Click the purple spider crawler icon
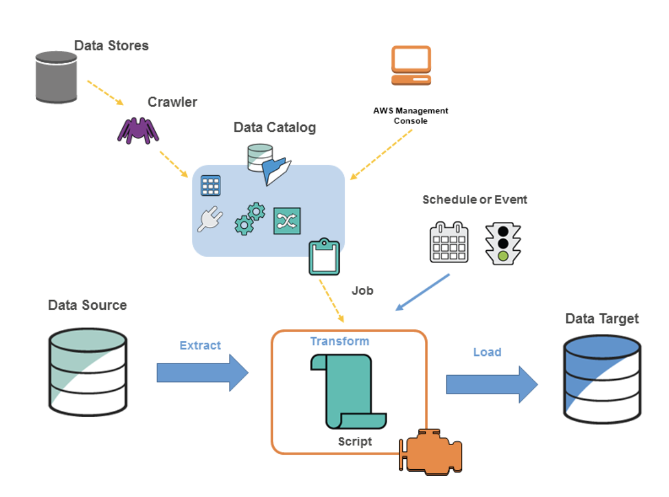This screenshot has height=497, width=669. (138, 131)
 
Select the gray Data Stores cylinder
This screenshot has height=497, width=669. (56, 77)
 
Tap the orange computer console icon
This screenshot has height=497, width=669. (411, 65)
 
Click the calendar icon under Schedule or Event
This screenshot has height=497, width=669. (449, 242)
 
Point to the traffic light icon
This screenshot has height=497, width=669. (503, 244)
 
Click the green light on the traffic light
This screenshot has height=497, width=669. (503, 256)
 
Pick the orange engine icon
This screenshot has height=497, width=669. (431, 452)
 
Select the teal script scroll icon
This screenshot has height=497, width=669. (348, 391)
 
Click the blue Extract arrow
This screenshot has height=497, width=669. (203, 373)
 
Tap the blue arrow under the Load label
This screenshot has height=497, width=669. (492, 384)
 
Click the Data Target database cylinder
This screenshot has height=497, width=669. (602, 379)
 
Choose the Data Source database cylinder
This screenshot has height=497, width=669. (88, 372)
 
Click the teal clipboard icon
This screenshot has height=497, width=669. (324, 257)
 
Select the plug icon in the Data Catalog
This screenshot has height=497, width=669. (210, 219)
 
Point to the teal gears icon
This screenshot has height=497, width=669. (250, 218)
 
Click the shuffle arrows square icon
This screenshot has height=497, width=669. (286, 221)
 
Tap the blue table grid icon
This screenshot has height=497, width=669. (211, 186)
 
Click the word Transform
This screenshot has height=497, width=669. (340, 341)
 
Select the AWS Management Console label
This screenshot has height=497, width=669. (410, 116)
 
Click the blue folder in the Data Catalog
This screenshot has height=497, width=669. (277, 171)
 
